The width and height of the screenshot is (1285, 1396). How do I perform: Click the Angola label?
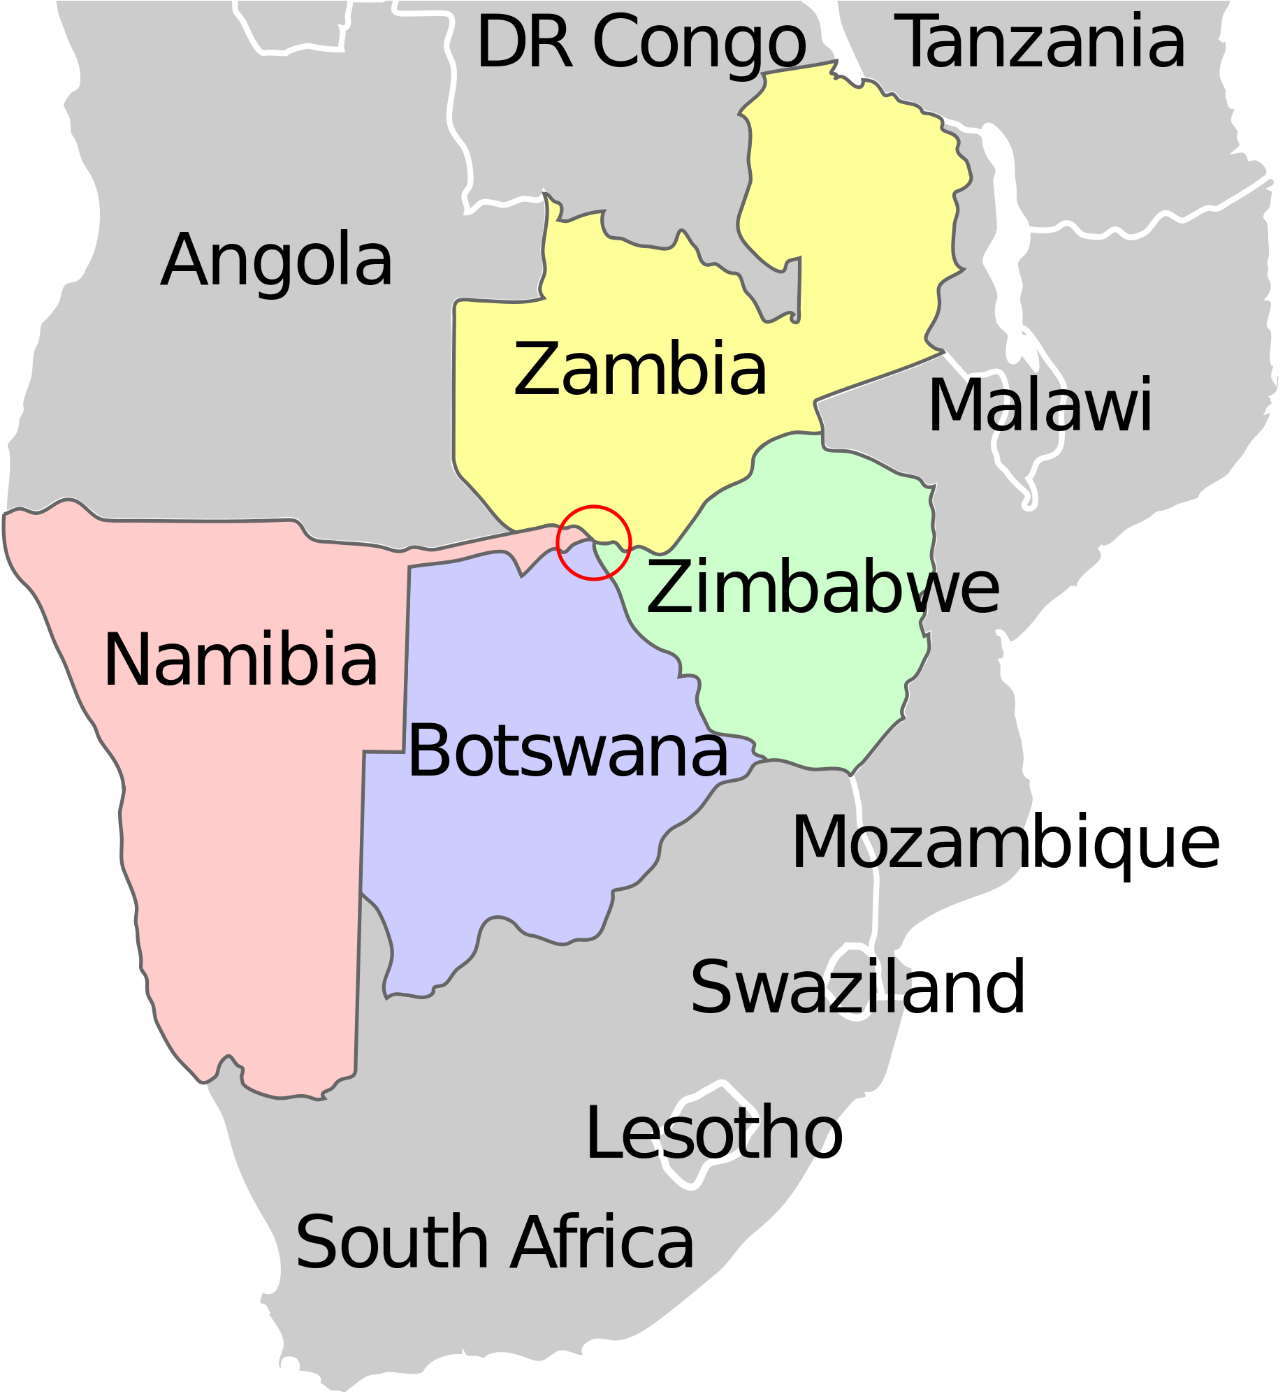pos(277,260)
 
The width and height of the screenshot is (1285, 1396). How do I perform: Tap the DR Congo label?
pos(641,43)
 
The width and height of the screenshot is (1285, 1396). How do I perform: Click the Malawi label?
pos(1040,405)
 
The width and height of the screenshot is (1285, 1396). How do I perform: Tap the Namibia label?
pos(241,660)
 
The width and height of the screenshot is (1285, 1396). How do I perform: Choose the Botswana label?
pos(567,750)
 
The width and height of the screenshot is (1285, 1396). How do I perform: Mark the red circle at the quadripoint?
pos(593,542)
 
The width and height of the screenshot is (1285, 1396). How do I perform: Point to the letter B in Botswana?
pos(428,750)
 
